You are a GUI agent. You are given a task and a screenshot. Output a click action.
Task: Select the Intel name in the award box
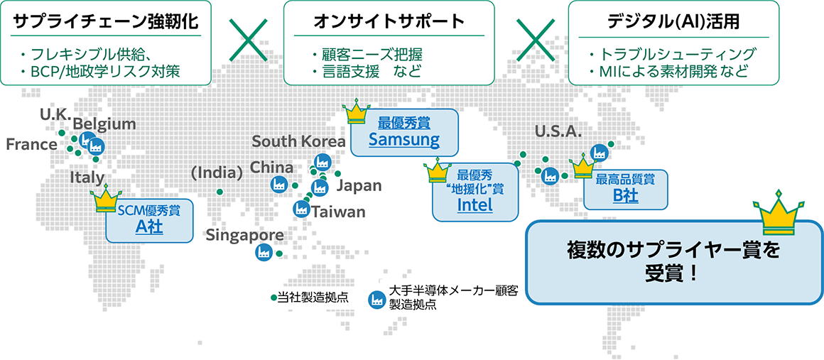(475, 206)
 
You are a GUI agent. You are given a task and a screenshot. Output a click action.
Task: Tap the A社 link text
(149, 227)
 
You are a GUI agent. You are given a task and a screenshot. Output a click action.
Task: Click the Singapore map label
(245, 236)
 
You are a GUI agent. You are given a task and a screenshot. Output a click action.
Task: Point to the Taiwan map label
(338, 212)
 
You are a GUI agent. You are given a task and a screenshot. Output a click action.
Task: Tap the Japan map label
(358, 185)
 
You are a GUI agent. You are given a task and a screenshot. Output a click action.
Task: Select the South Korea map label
(298, 142)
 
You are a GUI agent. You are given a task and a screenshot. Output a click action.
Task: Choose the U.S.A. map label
(558, 131)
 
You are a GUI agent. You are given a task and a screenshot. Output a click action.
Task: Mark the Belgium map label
(104, 124)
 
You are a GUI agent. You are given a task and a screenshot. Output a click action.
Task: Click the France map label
(31, 145)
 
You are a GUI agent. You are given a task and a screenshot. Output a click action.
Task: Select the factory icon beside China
(278, 184)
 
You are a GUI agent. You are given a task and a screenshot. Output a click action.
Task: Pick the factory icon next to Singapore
(263, 252)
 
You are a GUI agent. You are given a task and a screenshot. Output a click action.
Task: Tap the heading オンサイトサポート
(389, 21)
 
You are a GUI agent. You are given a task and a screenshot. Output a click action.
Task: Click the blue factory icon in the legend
(375, 298)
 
